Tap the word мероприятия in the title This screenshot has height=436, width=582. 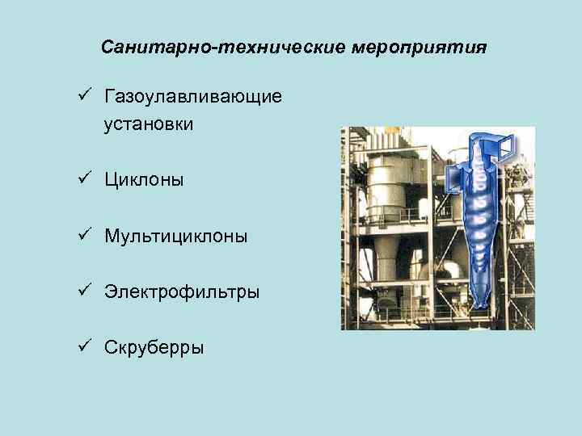[x=420, y=48]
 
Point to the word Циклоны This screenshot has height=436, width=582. [x=144, y=180]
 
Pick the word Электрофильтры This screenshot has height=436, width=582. [x=182, y=291]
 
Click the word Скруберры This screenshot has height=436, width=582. [x=154, y=347]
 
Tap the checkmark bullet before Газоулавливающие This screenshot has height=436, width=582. [x=82, y=96]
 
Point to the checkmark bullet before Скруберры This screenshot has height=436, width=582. [x=82, y=346]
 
